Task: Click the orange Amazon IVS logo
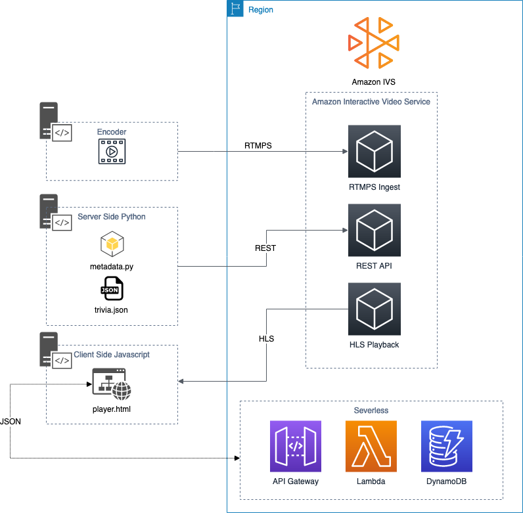(374, 43)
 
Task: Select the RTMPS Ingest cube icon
(374, 151)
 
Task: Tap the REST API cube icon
(374, 230)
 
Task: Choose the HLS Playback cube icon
(374, 309)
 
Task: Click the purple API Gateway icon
(295, 446)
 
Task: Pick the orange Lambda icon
(371, 446)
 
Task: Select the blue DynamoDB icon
(447, 446)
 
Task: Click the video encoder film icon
(112, 152)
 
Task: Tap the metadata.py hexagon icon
(112, 244)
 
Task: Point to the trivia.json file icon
(112, 288)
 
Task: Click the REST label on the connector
(265, 248)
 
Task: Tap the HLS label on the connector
(266, 339)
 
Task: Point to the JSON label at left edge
(11, 422)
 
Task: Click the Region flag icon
(235, 9)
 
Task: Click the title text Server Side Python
(112, 217)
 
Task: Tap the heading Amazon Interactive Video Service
(371, 102)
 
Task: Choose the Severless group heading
(371, 410)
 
